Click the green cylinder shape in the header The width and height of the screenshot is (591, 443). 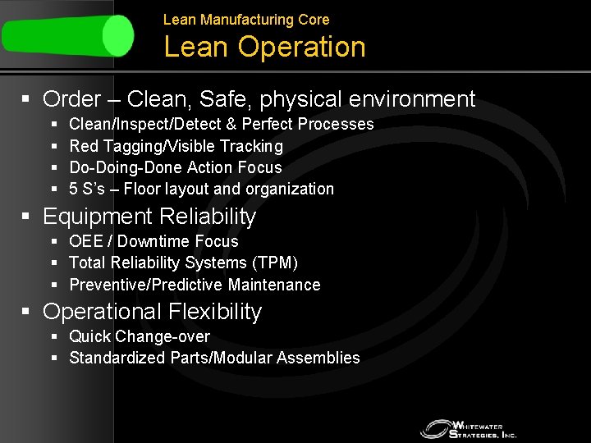coord(67,35)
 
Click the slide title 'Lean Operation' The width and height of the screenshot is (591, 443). coord(264,47)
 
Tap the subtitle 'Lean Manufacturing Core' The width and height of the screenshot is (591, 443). coord(246,19)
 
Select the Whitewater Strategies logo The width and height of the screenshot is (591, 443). coord(469,428)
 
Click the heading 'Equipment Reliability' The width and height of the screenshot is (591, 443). coord(149,217)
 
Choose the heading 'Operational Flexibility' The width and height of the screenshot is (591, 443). coord(152,312)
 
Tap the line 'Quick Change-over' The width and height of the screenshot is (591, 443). coord(140,336)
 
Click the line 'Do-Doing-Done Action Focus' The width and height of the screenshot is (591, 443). coord(176,167)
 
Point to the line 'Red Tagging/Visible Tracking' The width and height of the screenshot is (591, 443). coord(176,146)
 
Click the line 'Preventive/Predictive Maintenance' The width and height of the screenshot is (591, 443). coord(195,285)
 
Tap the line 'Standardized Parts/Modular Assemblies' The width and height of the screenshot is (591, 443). coord(214,358)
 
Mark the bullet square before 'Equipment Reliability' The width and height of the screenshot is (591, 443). coord(26,217)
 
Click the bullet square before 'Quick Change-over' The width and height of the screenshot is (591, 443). coord(54,336)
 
